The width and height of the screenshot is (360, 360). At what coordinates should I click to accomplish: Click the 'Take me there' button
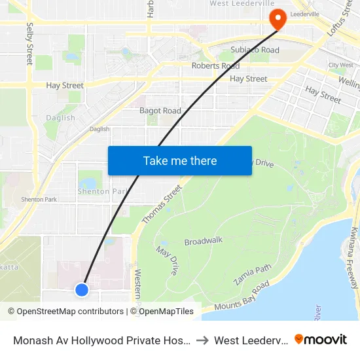[x=180, y=160]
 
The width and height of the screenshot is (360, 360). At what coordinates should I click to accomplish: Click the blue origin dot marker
[x=82, y=289]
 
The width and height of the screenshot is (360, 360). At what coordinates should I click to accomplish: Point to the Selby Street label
[x=29, y=45]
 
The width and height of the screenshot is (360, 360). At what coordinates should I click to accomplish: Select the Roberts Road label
[x=215, y=66]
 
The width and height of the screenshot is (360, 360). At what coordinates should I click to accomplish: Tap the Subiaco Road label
[x=255, y=50]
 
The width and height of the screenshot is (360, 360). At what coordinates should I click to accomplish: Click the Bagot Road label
[x=160, y=111]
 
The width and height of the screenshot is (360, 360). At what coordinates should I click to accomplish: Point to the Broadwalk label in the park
[x=204, y=241]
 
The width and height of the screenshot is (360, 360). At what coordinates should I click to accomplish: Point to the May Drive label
[x=167, y=260]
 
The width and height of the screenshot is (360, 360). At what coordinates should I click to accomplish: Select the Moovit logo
[x=321, y=339]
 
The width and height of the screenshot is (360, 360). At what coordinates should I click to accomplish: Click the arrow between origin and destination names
[x=203, y=340]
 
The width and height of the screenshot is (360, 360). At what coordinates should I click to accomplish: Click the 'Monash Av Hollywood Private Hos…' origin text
[x=101, y=340]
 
